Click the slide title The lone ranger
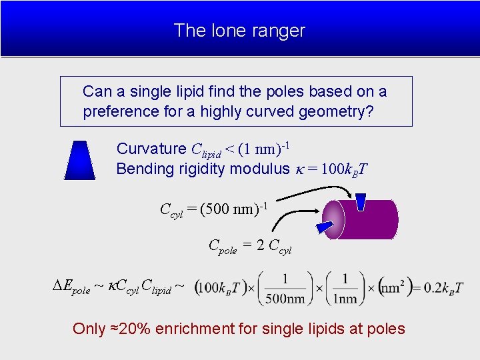[x=239, y=31]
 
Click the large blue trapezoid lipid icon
[x=79, y=161]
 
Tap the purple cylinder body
[x=373, y=219]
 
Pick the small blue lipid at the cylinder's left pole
[x=325, y=228]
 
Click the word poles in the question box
[x=279, y=91]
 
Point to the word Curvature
[x=151, y=149]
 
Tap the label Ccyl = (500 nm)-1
[x=213, y=209]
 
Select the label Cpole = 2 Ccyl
[x=250, y=246]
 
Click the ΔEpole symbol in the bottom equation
[x=71, y=287]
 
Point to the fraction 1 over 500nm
[x=284, y=288]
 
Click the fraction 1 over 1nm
[x=345, y=288]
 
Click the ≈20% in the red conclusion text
[x=131, y=329]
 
